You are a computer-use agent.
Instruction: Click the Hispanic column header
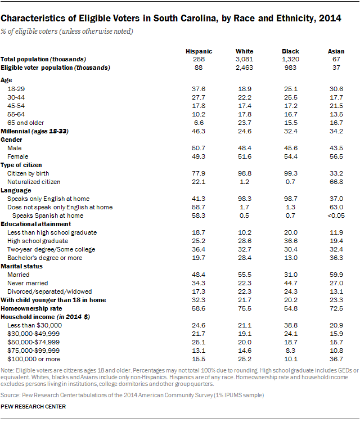(x=199, y=51)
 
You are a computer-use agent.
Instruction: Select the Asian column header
(x=336, y=51)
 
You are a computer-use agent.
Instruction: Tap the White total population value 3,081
(x=245, y=59)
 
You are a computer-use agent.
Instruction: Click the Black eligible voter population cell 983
(x=290, y=68)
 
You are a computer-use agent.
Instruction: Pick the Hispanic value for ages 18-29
(x=199, y=89)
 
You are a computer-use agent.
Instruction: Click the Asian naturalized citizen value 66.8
(x=336, y=182)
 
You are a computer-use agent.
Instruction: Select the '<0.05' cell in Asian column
(x=336, y=216)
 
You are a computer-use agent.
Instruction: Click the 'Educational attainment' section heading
(x=32, y=224)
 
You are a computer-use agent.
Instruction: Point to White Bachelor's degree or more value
(x=245, y=258)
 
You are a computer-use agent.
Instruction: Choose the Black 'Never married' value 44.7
(x=290, y=283)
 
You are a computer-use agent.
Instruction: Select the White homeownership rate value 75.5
(x=245, y=308)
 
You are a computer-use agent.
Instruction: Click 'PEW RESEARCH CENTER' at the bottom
(x=33, y=406)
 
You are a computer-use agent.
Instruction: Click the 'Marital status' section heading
(x=21, y=266)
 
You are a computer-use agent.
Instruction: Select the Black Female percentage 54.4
(x=290, y=156)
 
